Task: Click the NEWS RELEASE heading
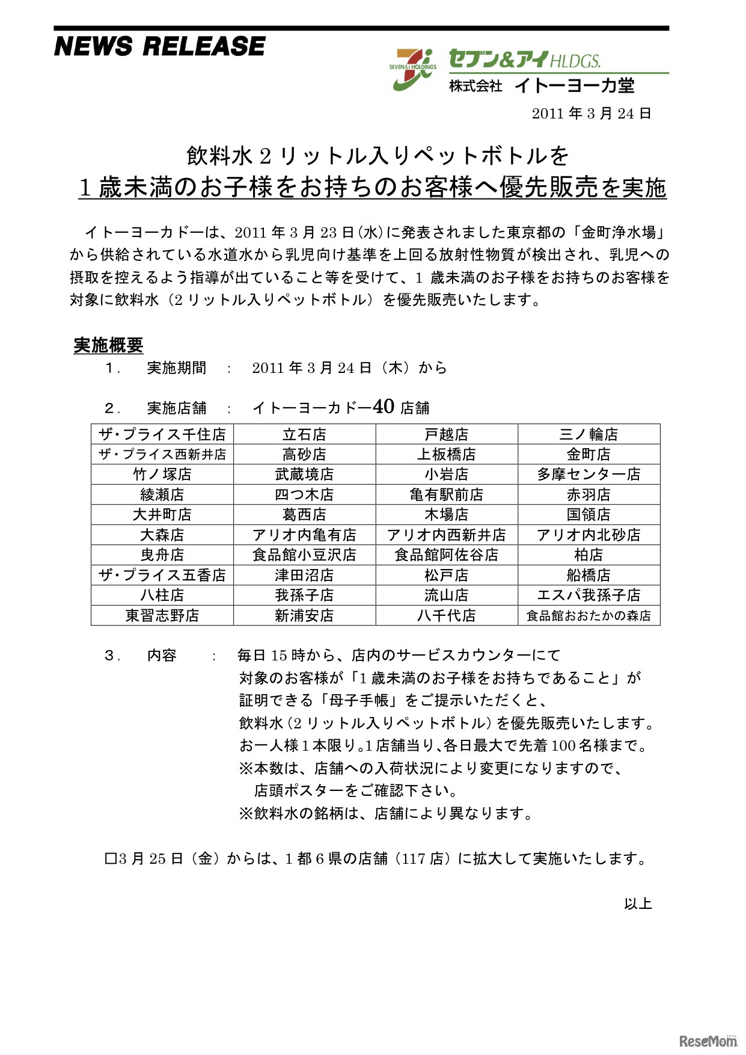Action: [x=159, y=46]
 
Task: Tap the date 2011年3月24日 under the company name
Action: [x=592, y=114]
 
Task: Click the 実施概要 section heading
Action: [x=108, y=345]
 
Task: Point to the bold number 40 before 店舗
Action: [x=384, y=407]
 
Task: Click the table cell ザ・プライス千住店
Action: [x=162, y=434]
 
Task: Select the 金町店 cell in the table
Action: [x=589, y=454]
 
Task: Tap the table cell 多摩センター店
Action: [x=589, y=475]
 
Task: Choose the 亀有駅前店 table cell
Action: [x=447, y=494]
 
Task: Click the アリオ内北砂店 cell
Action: [x=589, y=535]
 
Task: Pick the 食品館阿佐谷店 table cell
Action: [x=447, y=555]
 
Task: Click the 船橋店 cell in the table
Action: [x=589, y=575]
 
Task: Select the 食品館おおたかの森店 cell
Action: [x=589, y=615]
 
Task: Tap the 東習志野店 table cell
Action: [x=162, y=615]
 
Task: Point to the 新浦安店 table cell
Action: [x=304, y=615]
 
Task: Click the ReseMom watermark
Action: [x=708, y=1041]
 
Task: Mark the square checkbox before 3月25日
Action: [x=110, y=859]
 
